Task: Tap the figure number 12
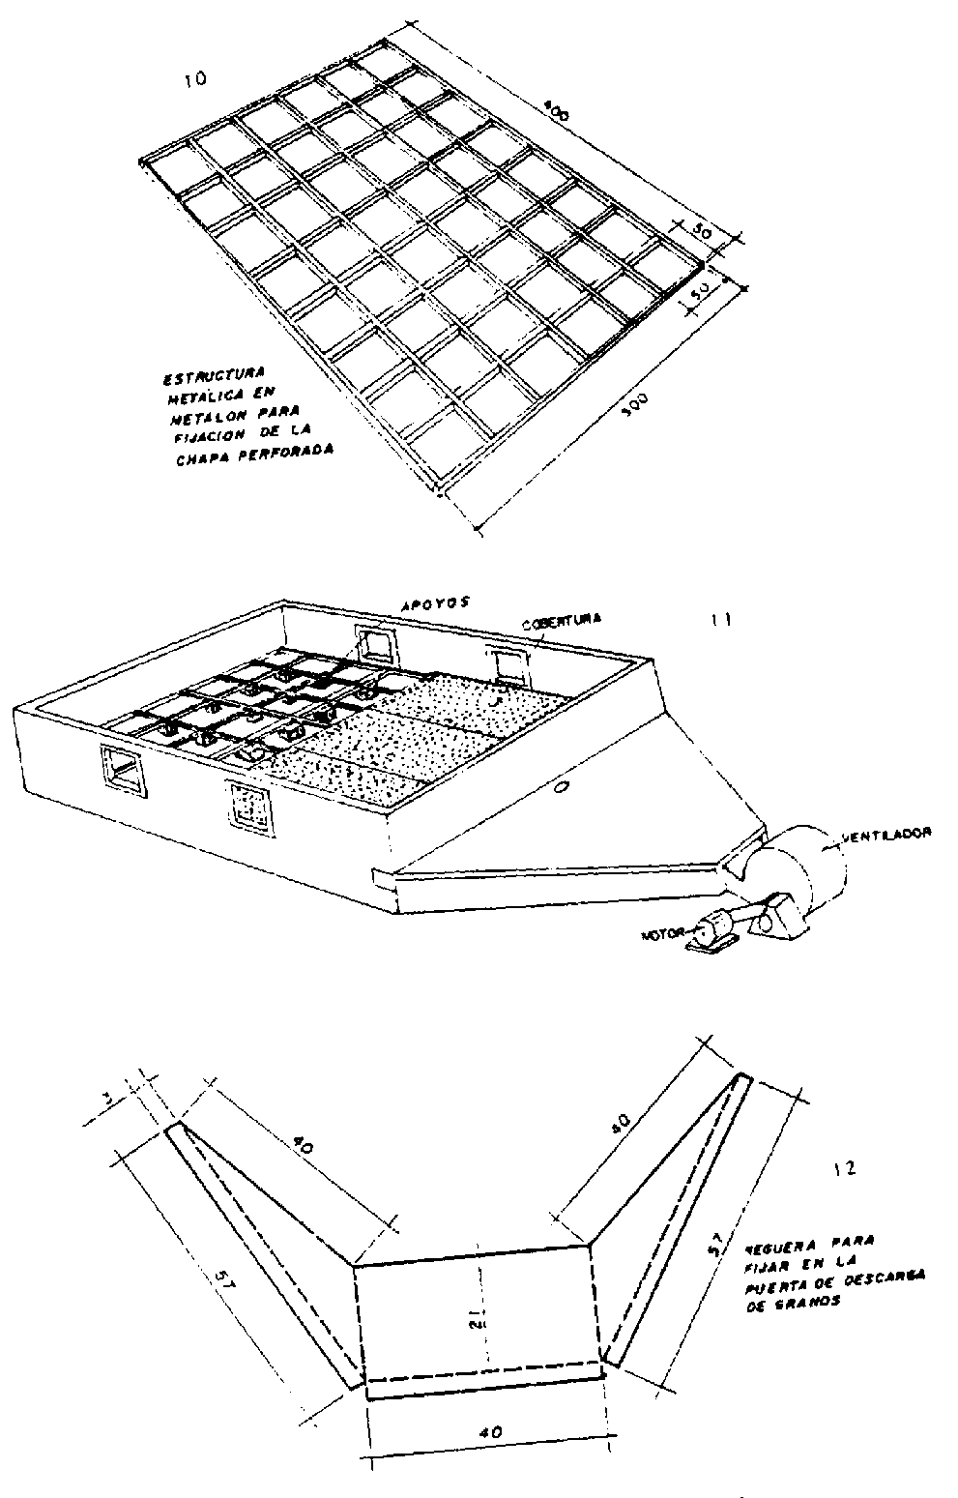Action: [843, 1169]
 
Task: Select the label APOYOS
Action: [434, 602]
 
